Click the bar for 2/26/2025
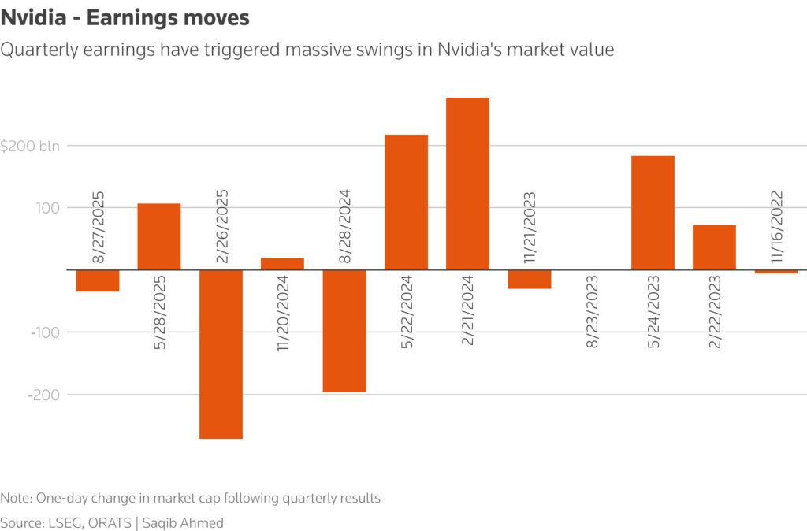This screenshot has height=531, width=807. tap(221, 354)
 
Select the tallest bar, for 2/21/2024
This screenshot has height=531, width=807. tap(467, 184)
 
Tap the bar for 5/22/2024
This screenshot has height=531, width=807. tap(406, 202)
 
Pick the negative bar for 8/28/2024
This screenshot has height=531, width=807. tap(344, 331)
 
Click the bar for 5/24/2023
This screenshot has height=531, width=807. tap(653, 213)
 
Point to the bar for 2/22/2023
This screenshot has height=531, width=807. tap(714, 247)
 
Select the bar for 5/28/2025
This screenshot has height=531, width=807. tap(159, 236)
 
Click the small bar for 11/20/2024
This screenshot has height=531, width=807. tap(282, 264)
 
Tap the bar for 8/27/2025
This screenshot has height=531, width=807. tap(98, 280)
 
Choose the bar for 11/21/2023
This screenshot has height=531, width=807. tap(529, 279)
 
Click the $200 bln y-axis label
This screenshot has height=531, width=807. tap(35, 146)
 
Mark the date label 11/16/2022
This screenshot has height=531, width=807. tap(775, 225)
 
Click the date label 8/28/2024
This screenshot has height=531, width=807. tap(344, 225)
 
